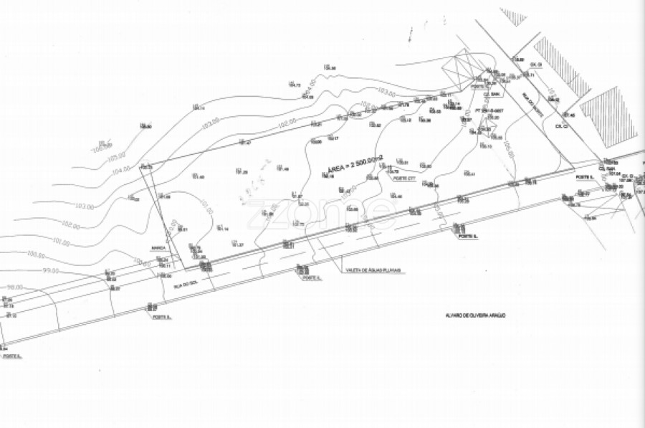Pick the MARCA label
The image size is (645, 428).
[x=158, y=248]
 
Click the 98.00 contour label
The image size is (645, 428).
[x=14, y=287]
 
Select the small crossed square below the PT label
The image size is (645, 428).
[x=489, y=128]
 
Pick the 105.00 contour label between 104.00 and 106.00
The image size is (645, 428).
[x=115, y=155]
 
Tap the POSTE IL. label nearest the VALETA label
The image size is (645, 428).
[x=311, y=278]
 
